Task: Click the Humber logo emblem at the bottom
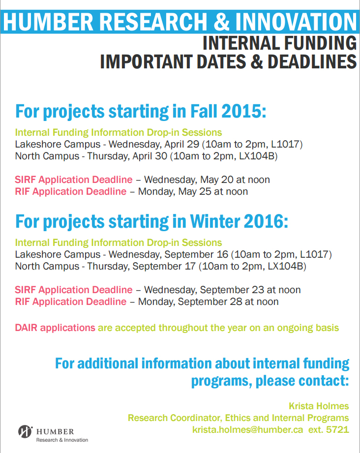pyautogui.click(x=26, y=432)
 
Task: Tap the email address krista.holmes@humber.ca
pyautogui.click(x=247, y=429)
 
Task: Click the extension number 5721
pyautogui.click(x=337, y=429)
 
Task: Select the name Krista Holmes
pyautogui.click(x=319, y=406)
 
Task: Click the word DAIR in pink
pyautogui.click(x=26, y=328)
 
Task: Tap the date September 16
pyautogui.click(x=196, y=254)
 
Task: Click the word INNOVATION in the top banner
pyautogui.click(x=296, y=22)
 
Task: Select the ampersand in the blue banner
pyautogui.click(x=221, y=22)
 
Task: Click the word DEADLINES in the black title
pyautogui.click(x=312, y=61)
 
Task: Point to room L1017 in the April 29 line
pyautogui.click(x=287, y=144)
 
